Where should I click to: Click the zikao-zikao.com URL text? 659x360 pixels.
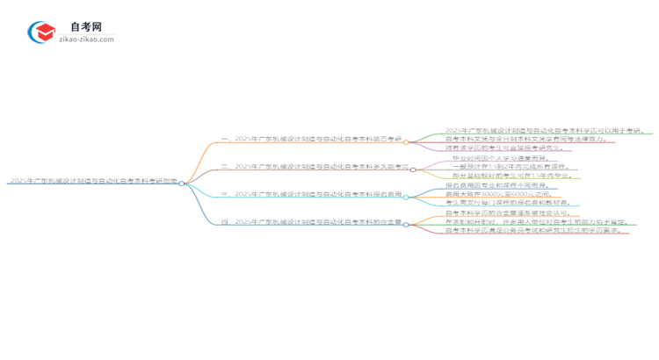pyautogui.click(x=86, y=40)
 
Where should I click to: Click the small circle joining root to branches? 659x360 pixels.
pyautogui.click(x=182, y=184)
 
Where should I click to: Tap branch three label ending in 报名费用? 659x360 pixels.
pyautogui.click(x=312, y=193)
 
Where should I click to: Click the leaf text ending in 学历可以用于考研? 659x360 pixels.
pyautogui.click(x=545, y=130)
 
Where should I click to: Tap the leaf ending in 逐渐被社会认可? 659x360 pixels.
pyautogui.click(x=501, y=213)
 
